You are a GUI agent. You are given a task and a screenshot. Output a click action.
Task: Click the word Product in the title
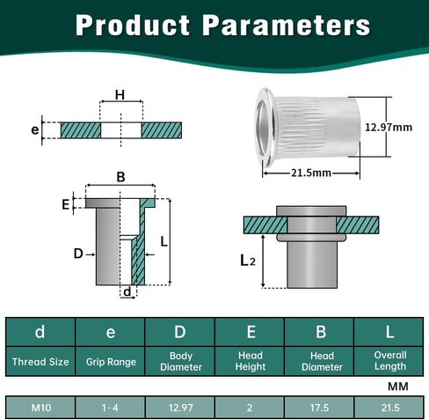click(133, 26)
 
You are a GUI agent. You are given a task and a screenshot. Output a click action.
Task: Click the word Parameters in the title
click(287, 26)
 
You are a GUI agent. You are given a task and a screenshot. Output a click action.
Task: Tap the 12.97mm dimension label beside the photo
click(389, 128)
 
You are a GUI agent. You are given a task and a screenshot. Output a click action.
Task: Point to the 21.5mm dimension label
click(311, 173)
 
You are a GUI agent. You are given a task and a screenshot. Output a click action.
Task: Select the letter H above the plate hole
click(120, 95)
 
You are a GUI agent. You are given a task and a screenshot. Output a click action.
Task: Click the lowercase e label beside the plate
click(35, 129)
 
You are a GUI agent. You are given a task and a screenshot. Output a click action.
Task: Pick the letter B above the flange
click(120, 177)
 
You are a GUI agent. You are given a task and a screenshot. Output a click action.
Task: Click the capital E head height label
click(66, 204)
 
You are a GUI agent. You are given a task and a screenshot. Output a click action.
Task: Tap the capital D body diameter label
click(78, 254)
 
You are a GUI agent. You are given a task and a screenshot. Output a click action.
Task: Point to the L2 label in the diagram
click(248, 261)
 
